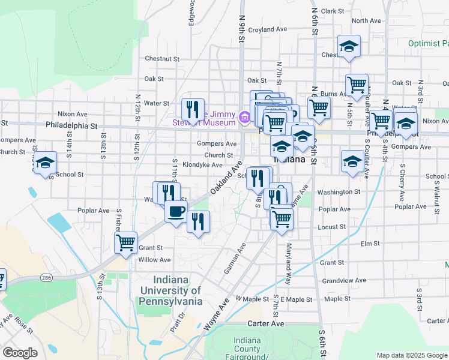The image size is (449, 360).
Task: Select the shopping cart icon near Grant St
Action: click(x=125, y=242)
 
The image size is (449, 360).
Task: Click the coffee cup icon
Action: click(x=176, y=212)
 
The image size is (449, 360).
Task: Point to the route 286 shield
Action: click(x=46, y=277)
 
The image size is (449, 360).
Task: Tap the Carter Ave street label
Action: click(x=268, y=323)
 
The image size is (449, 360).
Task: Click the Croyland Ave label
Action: click(x=268, y=29)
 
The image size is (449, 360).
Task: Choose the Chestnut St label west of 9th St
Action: click(x=162, y=59)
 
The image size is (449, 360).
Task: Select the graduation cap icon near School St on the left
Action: click(x=44, y=163)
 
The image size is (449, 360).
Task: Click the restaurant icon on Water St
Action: click(x=193, y=109)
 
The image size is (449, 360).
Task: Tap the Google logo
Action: click(x=20, y=353)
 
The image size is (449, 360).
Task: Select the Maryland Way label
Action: click(x=289, y=255)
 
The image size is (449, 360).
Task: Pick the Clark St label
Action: click(x=331, y=11)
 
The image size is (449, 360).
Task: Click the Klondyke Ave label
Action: click(x=203, y=164)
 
